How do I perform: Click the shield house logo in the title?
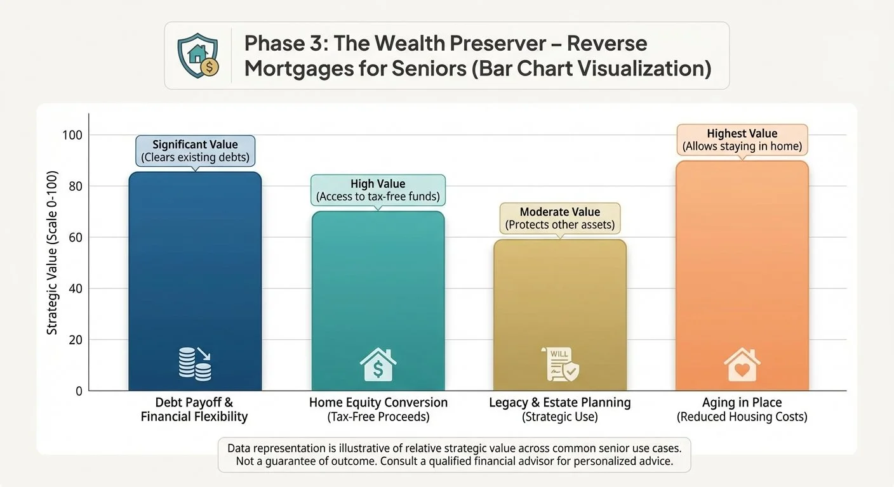[x=198, y=55]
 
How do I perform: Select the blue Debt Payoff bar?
[x=195, y=282]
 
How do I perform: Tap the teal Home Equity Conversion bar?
[x=378, y=301]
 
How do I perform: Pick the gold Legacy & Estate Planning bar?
[x=560, y=315]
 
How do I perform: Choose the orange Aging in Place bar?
[x=742, y=276]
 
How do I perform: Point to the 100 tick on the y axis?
[x=72, y=135]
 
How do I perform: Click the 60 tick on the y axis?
[x=76, y=238]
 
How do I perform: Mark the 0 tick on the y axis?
[x=79, y=391]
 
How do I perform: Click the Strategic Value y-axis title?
[x=52, y=252]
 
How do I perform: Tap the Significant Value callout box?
[x=195, y=151]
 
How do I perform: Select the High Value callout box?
[x=378, y=190]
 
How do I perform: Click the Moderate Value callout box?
[x=560, y=218]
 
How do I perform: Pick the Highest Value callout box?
[x=742, y=140]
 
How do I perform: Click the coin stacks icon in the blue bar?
[x=195, y=364]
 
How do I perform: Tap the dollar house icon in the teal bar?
[x=378, y=364]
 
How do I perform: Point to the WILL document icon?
[x=560, y=364]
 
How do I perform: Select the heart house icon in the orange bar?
[x=742, y=364]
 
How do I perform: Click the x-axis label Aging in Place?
[x=742, y=403]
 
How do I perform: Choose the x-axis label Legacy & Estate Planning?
[x=560, y=403]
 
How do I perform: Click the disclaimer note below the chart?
[x=454, y=455]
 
